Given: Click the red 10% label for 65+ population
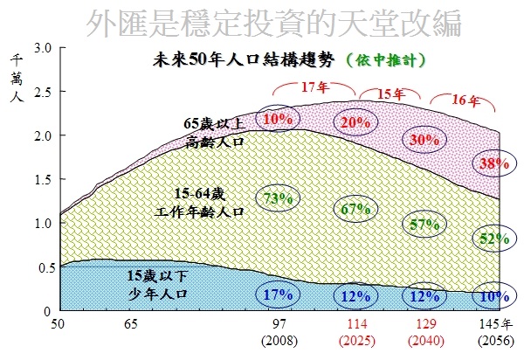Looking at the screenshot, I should coord(277,118).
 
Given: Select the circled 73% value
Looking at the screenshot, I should coord(277,198).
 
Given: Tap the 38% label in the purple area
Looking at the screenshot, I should coord(490,163).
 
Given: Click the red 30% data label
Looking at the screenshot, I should coord(425,139).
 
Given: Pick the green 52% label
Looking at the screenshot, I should coord(490,238).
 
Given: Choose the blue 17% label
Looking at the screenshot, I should coord(277,294).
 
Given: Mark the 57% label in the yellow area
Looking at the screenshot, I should coord(425,225).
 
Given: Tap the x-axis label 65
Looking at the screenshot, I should coord(131,325).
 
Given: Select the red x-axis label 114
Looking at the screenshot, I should coord(357,325).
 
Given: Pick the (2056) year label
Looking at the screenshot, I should coord(494,339).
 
